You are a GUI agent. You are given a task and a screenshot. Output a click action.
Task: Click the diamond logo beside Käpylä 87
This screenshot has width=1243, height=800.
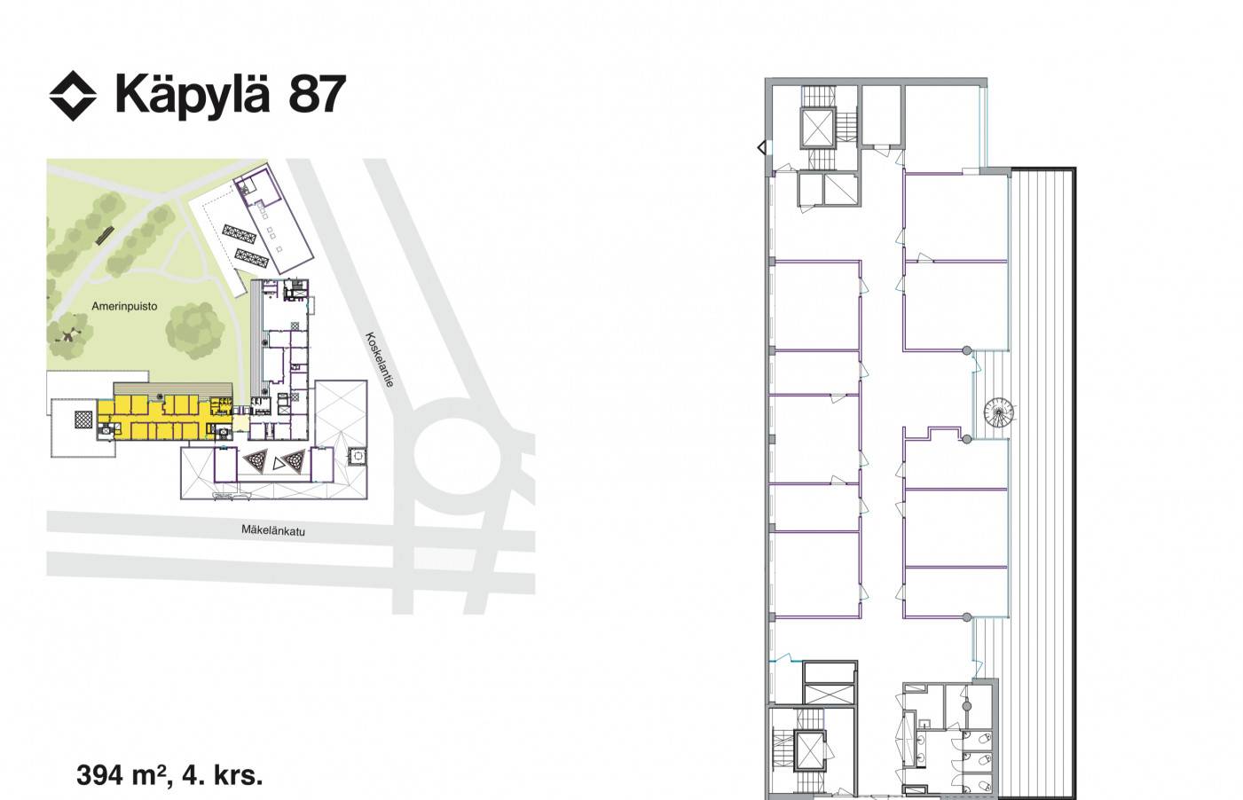[x=73, y=96]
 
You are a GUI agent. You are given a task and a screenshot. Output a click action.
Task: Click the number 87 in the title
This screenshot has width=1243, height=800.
[x=318, y=95]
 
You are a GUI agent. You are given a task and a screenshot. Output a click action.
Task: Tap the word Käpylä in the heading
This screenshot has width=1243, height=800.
[x=192, y=96]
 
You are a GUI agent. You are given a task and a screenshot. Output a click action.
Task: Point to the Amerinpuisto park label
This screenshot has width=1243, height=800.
[x=124, y=306]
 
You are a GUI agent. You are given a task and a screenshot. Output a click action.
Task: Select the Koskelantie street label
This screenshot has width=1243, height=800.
[x=380, y=359]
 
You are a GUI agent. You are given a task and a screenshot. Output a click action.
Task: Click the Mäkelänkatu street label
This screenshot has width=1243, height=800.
[x=273, y=530]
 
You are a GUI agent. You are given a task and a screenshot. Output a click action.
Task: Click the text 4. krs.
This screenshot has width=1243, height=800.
[x=223, y=775]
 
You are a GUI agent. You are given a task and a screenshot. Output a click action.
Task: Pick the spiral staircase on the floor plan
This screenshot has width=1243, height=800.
[x=999, y=412]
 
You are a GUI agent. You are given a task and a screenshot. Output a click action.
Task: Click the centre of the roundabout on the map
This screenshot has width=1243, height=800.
[x=457, y=459]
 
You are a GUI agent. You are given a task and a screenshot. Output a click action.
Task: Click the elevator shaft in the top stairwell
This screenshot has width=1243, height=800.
[x=817, y=128]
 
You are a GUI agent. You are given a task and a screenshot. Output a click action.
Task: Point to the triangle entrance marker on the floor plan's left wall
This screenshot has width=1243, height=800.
[x=762, y=148]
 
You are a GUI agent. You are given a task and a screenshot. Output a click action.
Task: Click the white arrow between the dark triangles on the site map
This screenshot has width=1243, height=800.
[x=278, y=463]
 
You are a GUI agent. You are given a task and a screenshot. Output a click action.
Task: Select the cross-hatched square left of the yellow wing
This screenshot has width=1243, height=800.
[x=83, y=420]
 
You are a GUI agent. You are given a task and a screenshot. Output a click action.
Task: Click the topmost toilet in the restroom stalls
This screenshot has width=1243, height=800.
[x=983, y=739]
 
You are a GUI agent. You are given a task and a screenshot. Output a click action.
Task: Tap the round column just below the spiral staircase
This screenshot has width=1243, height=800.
[x=967, y=439]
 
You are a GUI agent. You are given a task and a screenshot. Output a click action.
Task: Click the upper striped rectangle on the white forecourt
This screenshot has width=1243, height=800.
[x=240, y=235]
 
